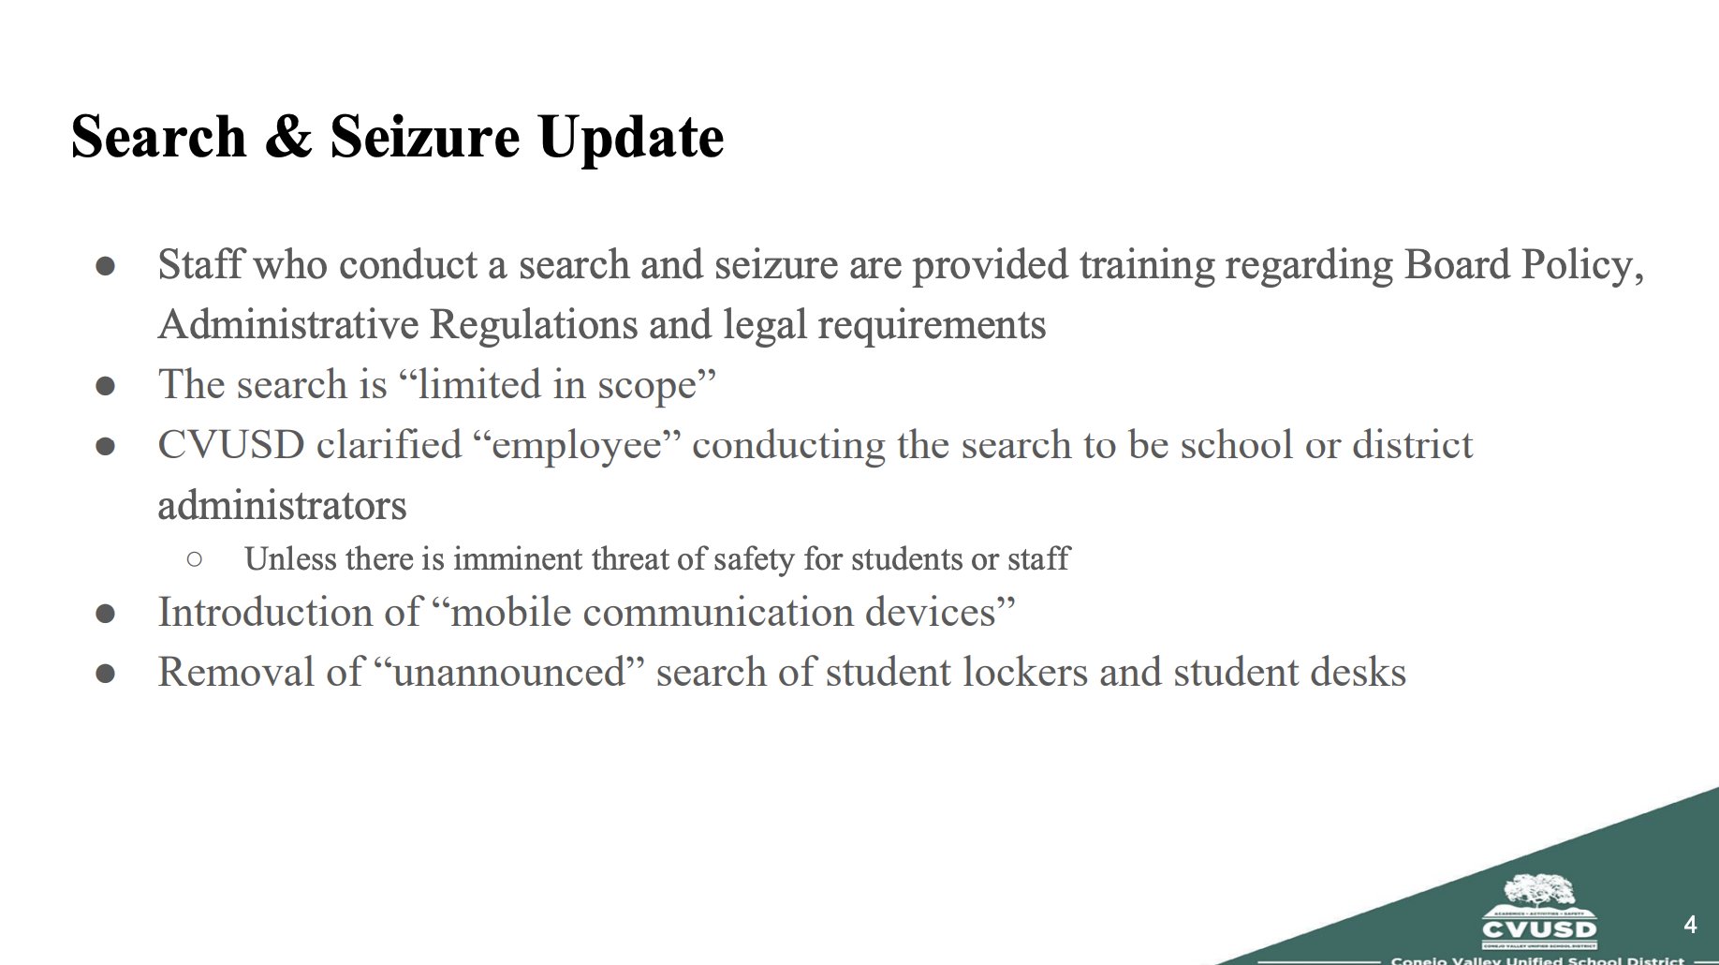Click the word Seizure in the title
pos(424,137)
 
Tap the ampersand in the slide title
pos(288,137)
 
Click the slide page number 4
pos(1690,925)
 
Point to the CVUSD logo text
pos(1539,929)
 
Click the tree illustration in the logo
pos(1539,890)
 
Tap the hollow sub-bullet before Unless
pos(195,559)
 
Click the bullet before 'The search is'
pos(106,386)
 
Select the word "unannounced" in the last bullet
pos(509,673)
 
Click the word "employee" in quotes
pos(578,445)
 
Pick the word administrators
pos(282,506)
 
